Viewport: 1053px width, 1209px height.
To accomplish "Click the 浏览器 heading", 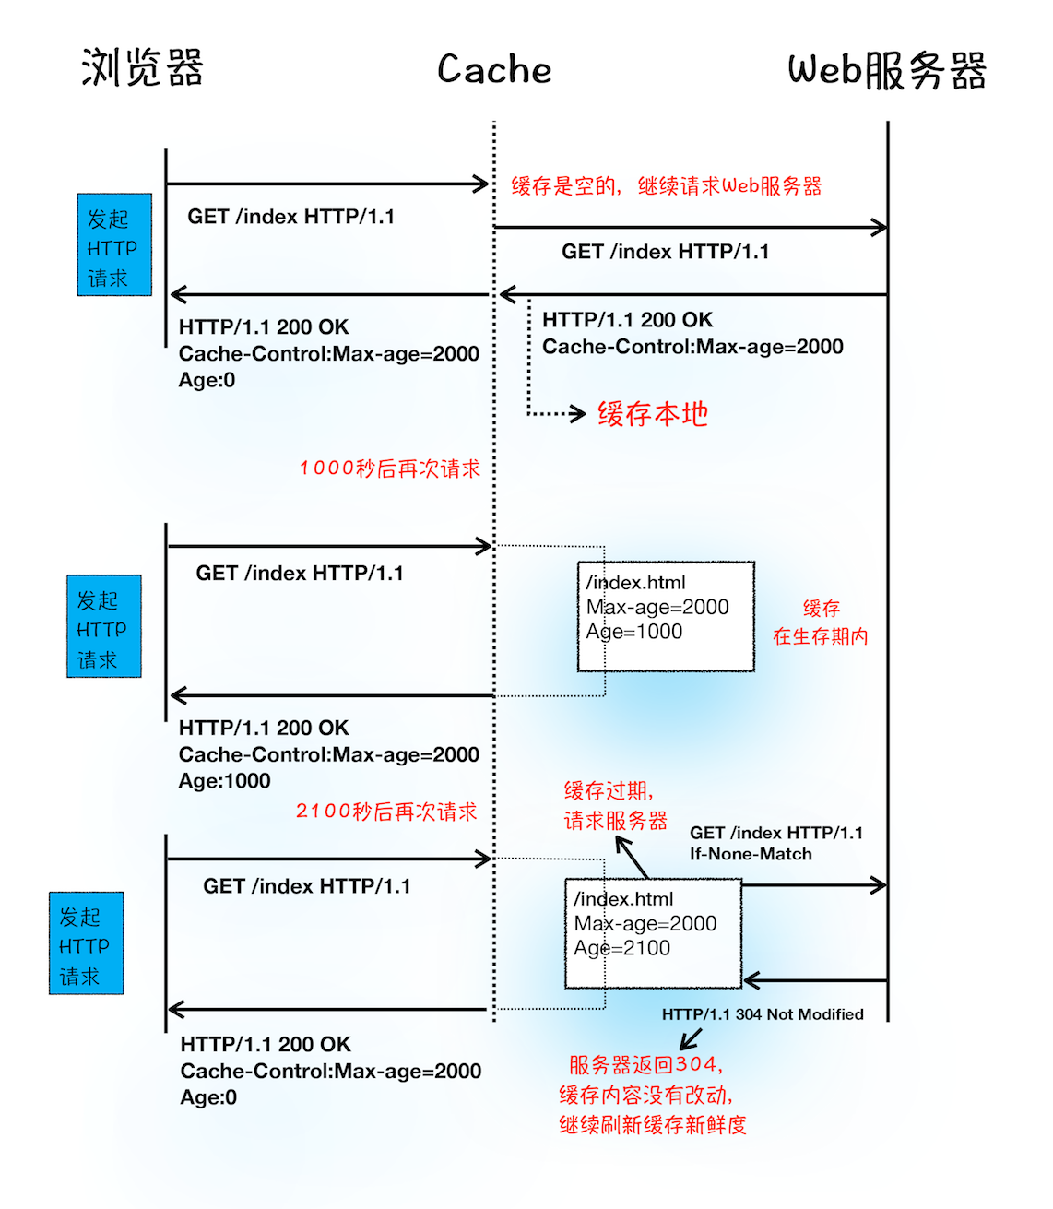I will click(x=142, y=68).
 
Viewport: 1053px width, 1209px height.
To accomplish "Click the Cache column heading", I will click(x=494, y=70).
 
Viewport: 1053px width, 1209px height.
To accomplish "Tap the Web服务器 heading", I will click(x=886, y=70).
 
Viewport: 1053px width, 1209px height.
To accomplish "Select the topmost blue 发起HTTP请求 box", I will click(x=114, y=245).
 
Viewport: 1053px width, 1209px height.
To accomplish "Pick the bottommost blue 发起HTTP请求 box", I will click(x=86, y=943).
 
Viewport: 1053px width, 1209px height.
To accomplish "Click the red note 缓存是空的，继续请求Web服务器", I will click(x=666, y=186).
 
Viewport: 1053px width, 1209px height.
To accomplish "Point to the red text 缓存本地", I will click(x=653, y=414).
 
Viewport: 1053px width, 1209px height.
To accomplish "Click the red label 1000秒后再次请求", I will click(x=389, y=468).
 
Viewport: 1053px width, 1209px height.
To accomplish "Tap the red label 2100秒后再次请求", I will click(x=386, y=812).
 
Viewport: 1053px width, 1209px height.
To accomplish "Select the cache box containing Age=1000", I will click(x=666, y=616).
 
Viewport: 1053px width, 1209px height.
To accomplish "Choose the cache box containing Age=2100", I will click(x=653, y=932).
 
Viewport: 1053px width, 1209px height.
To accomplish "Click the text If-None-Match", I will click(x=751, y=854).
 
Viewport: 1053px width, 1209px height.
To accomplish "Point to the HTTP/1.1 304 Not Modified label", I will click(x=763, y=1014).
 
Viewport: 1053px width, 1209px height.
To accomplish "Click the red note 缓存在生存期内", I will click(x=821, y=622).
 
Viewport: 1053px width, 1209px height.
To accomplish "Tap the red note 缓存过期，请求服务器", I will click(x=614, y=806).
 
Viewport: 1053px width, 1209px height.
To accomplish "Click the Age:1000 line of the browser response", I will click(x=225, y=781).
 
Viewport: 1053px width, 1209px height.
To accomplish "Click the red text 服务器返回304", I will click(x=645, y=1065).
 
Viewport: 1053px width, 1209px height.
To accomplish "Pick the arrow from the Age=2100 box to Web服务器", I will click(x=813, y=885).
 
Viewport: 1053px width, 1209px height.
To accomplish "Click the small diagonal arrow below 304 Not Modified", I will click(x=691, y=1039).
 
